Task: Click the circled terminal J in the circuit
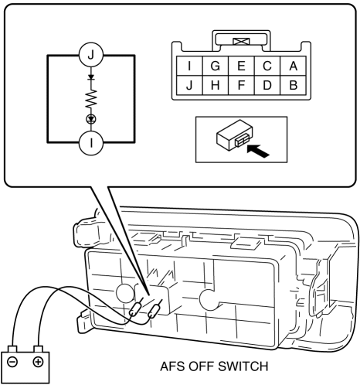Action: pos(91,55)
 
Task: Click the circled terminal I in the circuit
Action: pos(91,142)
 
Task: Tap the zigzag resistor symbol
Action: pos(91,99)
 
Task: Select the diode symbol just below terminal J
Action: pos(91,77)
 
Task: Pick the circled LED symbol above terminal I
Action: pos(91,119)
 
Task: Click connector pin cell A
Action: pos(293,66)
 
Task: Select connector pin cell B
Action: pos(293,85)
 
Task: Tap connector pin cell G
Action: pos(216,66)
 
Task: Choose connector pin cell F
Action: pos(241,85)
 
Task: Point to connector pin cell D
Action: pos(267,85)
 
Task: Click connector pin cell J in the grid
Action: pos(189,85)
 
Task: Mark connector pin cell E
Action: pos(241,66)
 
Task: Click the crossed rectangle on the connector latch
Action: pos(241,41)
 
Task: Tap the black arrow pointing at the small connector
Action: pos(258,151)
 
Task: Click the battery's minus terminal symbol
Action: pos(12,362)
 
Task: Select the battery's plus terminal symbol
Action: pos(38,362)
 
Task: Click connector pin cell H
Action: pos(216,85)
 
